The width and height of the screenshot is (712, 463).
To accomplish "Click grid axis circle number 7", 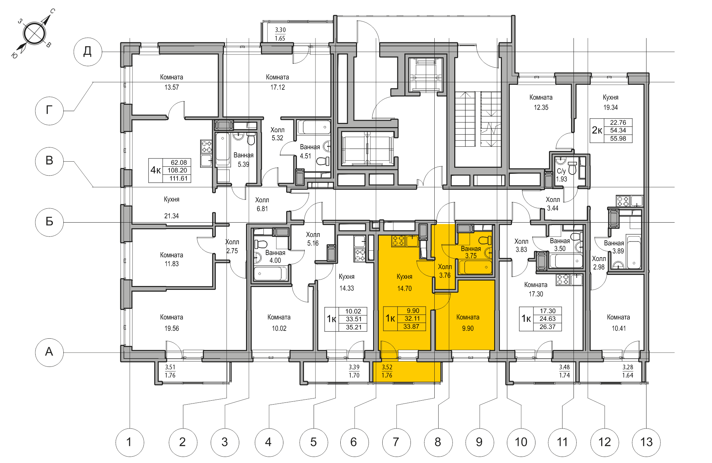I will pyautogui.click(x=396, y=442).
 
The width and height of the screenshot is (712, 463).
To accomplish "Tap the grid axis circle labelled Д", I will pyautogui.click(x=88, y=52).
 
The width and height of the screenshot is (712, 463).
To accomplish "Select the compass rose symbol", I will pyautogui.click(x=34, y=33).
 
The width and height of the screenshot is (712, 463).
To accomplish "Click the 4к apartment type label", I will pyautogui.click(x=156, y=170).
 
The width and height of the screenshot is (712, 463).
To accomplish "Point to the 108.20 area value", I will pyautogui.click(x=177, y=170).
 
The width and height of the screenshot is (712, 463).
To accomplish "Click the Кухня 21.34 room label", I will pyautogui.click(x=171, y=208).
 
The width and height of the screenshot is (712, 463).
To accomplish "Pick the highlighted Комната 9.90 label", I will pyautogui.click(x=468, y=322).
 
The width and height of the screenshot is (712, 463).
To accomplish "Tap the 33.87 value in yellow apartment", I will pyautogui.click(x=411, y=327).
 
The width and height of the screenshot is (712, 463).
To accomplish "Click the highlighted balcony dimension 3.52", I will pyautogui.click(x=387, y=367).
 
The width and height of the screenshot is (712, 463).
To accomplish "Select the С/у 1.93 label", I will pyautogui.click(x=561, y=175).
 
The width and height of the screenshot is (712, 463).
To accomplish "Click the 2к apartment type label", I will pyautogui.click(x=597, y=130).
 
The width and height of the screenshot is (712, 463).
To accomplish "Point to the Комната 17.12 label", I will pyautogui.click(x=277, y=82).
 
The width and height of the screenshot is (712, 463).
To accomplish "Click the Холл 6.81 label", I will pyautogui.click(x=262, y=204).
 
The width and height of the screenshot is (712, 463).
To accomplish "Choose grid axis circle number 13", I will pyautogui.click(x=646, y=442).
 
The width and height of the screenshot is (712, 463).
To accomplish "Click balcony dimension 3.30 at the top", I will pyautogui.click(x=280, y=30).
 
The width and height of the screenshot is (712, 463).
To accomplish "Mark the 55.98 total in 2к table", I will pyautogui.click(x=618, y=139).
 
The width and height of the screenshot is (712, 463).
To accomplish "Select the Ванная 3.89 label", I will pyautogui.click(x=614, y=247).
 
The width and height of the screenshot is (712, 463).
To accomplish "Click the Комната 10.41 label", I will pyautogui.click(x=618, y=322).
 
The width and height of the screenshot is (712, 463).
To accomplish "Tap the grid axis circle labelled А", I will pyautogui.click(x=49, y=352).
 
